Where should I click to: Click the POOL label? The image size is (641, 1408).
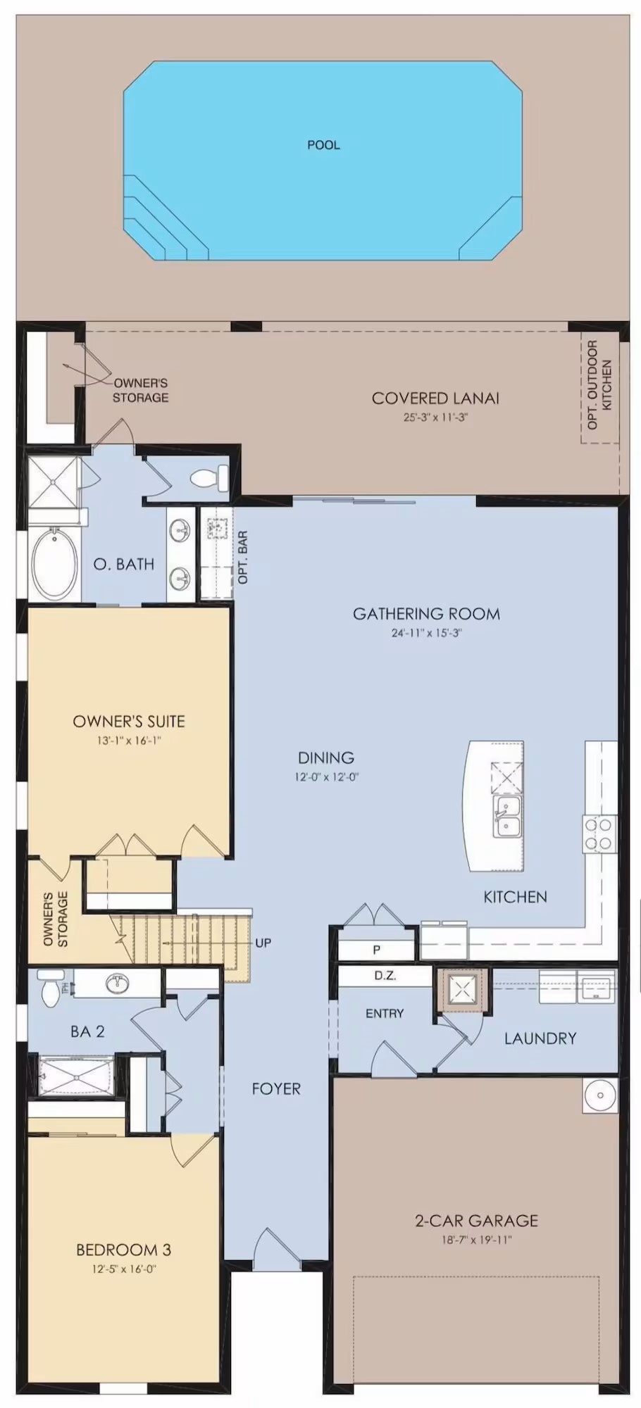click(323, 145)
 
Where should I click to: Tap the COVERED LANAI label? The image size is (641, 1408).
click(435, 398)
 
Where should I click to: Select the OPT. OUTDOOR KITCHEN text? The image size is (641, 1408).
click(599, 384)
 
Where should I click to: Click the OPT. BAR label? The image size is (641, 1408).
click(243, 557)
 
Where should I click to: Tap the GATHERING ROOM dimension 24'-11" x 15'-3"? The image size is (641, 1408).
click(426, 633)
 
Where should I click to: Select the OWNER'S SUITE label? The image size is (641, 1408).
click(129, 722)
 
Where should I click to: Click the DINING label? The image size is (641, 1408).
click(325, 758)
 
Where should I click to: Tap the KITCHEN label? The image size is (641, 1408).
click(515, 897)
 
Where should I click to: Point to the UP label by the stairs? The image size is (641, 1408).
click(263, 943)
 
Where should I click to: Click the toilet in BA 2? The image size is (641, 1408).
click(50, 987)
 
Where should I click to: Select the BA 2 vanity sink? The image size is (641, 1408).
click(118, 983)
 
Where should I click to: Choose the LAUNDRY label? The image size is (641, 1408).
click(540, 1038)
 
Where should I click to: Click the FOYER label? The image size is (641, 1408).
click(276, 1089)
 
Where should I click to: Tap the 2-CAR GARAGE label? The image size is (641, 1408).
click(476, 1221)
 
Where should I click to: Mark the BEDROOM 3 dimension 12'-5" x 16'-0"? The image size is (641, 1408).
click(123, 1269)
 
